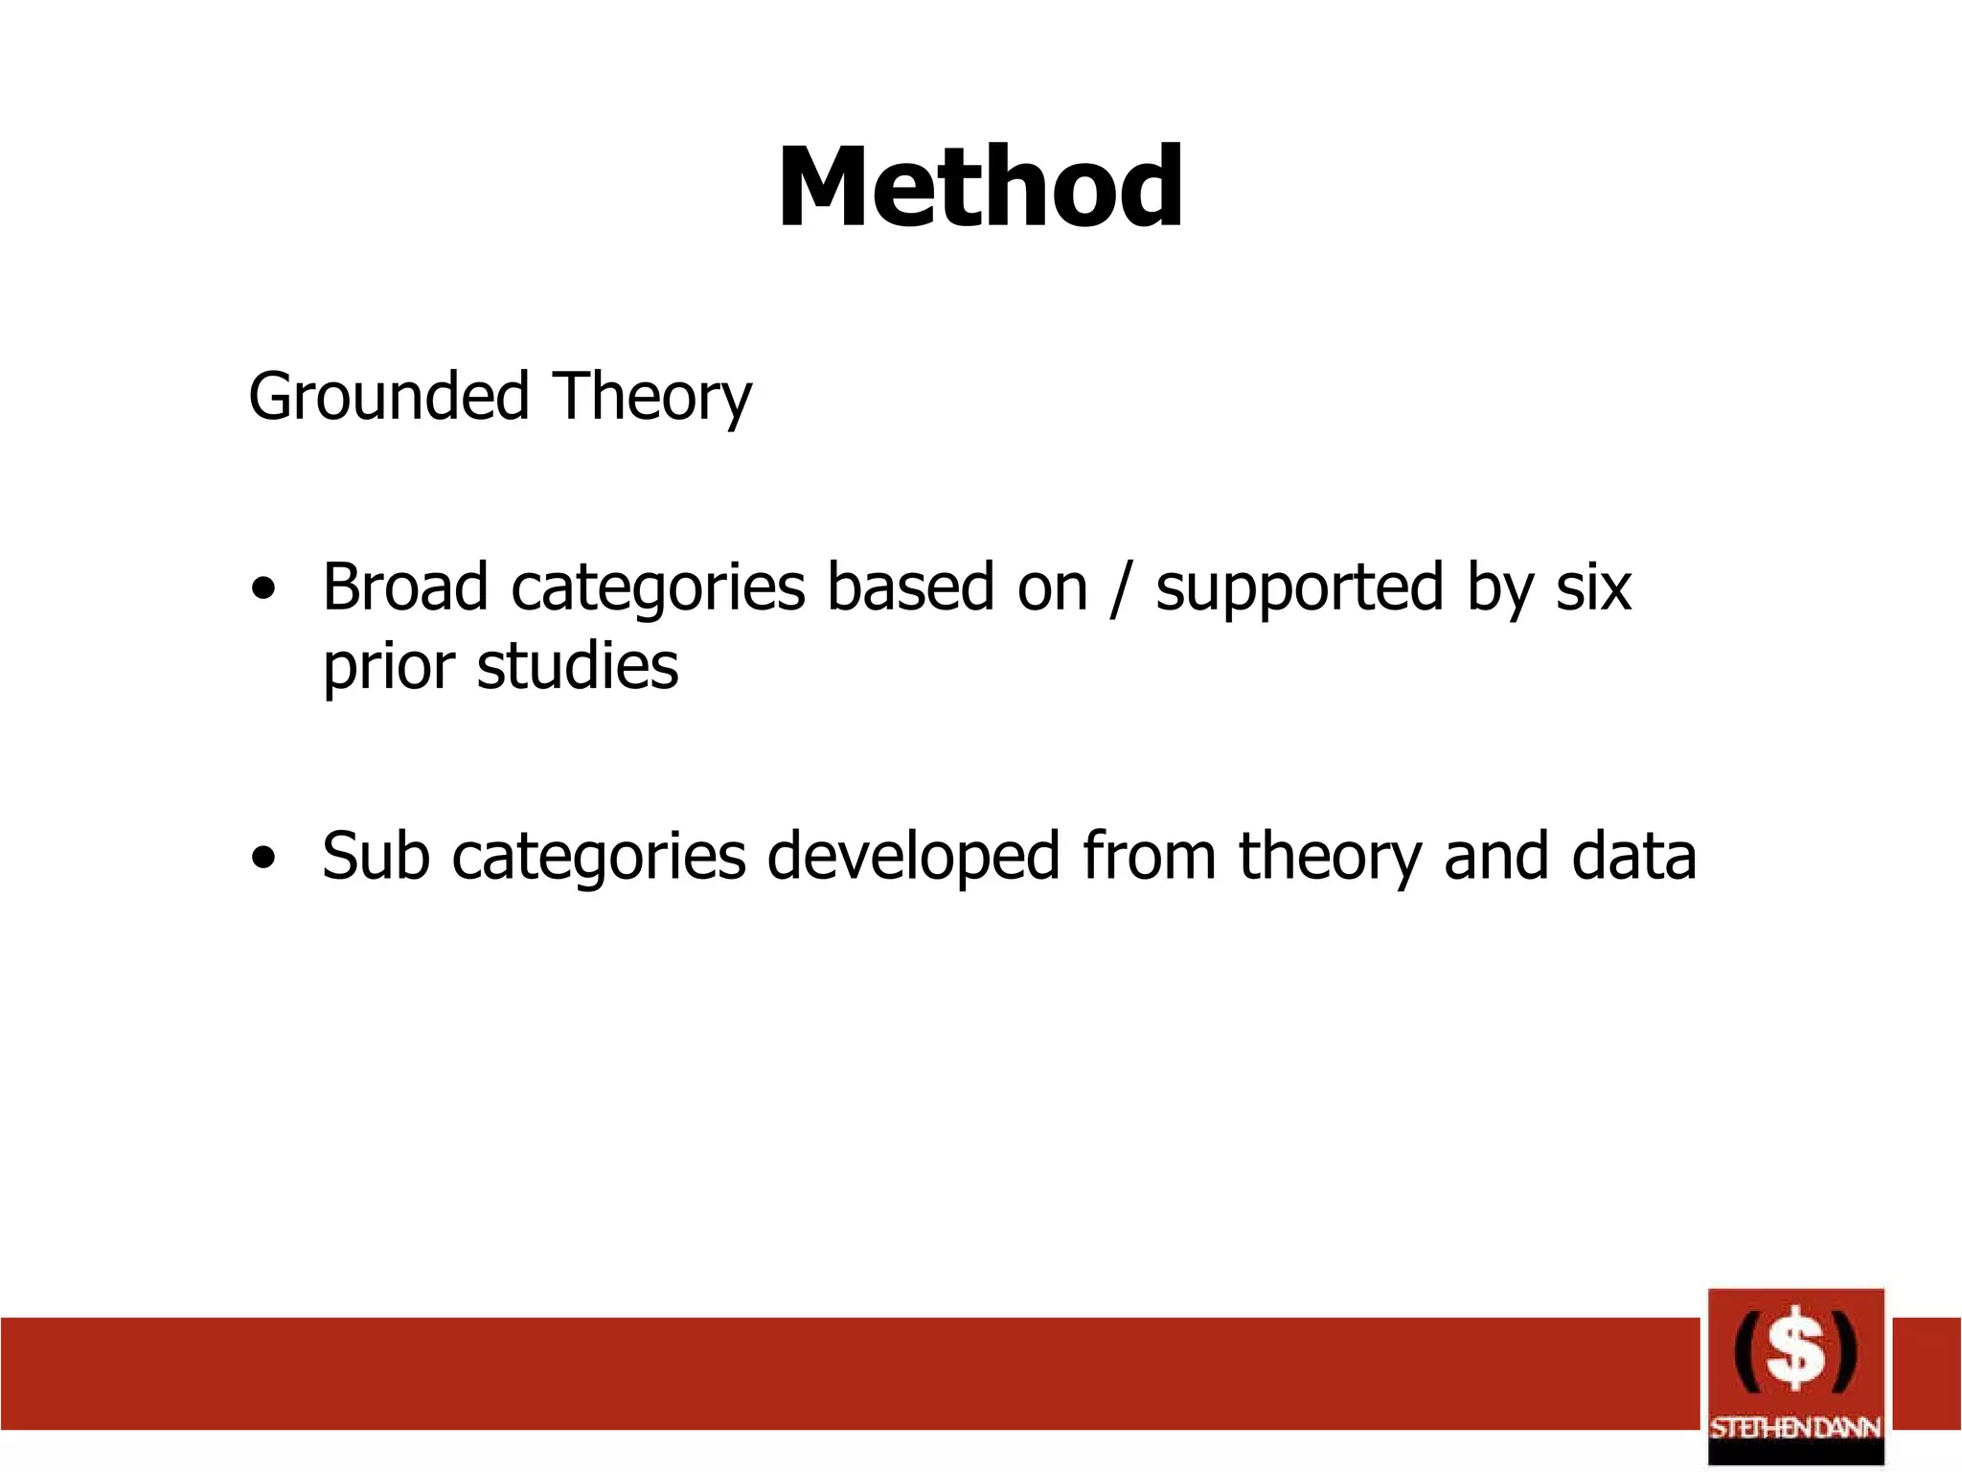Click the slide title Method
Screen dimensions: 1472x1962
(x=980, y=187)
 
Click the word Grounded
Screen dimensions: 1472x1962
(x=388, y=396)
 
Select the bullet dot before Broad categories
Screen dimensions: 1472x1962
(x=263, y=588)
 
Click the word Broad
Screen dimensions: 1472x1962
(x=404, y=586)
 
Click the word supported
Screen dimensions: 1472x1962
(x=1298, y=588)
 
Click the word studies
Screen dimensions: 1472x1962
(x=578, y=666)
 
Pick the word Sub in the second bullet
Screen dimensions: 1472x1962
(x=375, y=856)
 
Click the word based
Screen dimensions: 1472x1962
(x=910, y=586)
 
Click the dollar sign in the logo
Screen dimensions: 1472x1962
(x=1795, y=1353)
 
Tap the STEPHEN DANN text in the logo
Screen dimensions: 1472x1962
(x=1795, y=1428)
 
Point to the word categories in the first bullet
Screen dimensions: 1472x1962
(x=657, y=588)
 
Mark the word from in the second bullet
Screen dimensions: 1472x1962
(x=1149, y=856)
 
